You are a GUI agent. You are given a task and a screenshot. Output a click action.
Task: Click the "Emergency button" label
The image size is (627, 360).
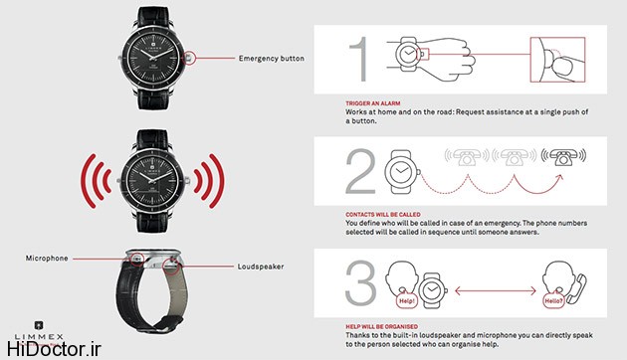pyautogui.click(x=271, y=59)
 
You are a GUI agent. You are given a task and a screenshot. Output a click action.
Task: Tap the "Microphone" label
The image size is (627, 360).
pyautogui.click(x=47, y=259)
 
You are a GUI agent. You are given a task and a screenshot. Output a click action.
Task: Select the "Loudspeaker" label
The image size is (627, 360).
pyautogui.click(x=261, y=267)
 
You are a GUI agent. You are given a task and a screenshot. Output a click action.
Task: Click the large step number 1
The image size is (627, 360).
pyautogui.click(x=359, y=59)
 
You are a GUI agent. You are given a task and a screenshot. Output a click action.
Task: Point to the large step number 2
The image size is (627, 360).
pyautogui.click(x=360, y=171)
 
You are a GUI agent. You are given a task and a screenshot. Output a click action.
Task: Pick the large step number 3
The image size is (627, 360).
pyautogui.click(x=360, y=282)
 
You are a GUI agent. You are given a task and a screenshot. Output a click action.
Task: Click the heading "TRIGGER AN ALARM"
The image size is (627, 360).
pyautogui.click(x=372, y=103)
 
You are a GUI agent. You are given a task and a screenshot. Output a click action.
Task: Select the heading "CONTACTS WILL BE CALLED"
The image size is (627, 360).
pyautogui.click(x=383, y=215)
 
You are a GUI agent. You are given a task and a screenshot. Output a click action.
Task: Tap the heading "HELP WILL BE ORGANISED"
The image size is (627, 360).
pyautogui.click(x=382, y=326)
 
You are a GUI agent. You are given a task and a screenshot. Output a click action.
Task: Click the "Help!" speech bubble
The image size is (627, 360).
pyautogui.click(x=407, y=300)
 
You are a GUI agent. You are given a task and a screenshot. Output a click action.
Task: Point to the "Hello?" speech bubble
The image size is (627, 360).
pyautogui.click(x=553, y=300)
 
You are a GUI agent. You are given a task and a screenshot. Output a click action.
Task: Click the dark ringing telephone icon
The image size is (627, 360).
pyautogui.click(x=563, y=156)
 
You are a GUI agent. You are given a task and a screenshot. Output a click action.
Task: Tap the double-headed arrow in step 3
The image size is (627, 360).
pyautogui.click(x=496, y=290)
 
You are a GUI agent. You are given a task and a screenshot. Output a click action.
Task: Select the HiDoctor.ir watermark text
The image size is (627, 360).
pyautogui.click(x=54, y=349)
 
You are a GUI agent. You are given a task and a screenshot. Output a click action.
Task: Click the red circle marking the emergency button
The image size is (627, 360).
pyautogui.click(x=189, y=58)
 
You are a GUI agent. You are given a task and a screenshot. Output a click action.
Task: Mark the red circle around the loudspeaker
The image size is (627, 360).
pyautogui.click(x=171, y=267)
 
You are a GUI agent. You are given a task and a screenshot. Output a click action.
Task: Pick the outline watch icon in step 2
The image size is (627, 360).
pyautogui.click(x=402, y=172)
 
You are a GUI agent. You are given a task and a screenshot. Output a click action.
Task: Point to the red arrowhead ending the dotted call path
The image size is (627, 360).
pyautogui.click(x=559, y=178)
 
